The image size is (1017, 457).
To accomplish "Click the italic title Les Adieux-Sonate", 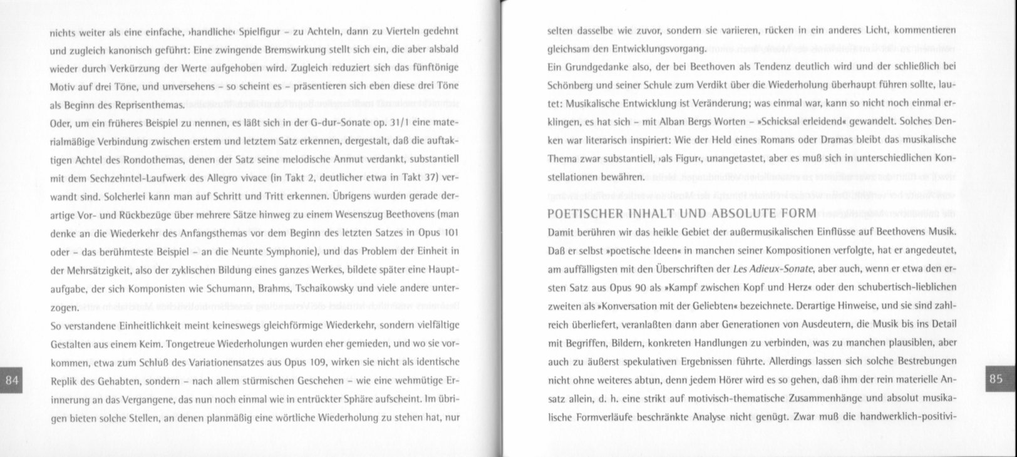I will click(773, 269).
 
